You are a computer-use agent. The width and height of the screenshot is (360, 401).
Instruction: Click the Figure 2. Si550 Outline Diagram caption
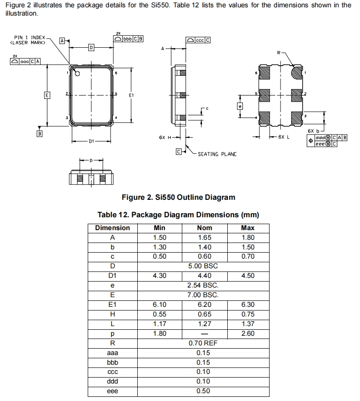pyautogui.click(x=178, y=198)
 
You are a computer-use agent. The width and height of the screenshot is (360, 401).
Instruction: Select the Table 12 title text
pyautogui.click(x=178, y=215)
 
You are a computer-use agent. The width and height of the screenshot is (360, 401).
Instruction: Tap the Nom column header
pyautogui.click(x=204, y=228)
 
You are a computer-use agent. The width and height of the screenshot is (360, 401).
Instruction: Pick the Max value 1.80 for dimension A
pyautogui.click(x=247, y=237)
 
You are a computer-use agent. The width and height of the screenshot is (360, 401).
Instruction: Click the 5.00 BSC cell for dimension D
pyautogui.click(x=203, y=266)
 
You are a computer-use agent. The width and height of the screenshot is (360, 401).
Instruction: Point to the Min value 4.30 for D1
pyautogui.click(x=159, y=276)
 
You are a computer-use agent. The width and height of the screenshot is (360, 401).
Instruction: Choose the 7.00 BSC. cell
pyautogui.click(x=203, y=295)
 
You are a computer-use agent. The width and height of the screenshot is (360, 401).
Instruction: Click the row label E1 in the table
pyautogui.click(x=112, y=305)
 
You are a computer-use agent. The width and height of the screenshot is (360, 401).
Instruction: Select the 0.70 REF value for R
pyautogui.click(x=203, y=343)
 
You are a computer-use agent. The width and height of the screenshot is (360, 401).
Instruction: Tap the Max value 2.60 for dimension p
pyautogui.click(x=247, y=333)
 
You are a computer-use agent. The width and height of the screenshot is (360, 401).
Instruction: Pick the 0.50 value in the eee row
pyautogui.click(x=203, y=391)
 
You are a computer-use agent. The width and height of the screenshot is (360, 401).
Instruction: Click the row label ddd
pyautogui.click(x=112, y=381)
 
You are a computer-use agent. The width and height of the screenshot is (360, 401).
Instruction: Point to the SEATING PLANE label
pyautogui.click(x=217, y=154)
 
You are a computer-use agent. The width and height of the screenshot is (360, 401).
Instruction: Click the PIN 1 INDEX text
pyautogui.click(x=30, y=37)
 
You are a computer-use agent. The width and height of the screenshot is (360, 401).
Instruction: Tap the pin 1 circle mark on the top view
pyautogui.click(x=78, y=73)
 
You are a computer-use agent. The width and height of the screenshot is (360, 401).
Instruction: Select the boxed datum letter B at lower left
pyautogui.click(x=39, y=134)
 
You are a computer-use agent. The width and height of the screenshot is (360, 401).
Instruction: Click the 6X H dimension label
pyautogui.click(x=165, y=137)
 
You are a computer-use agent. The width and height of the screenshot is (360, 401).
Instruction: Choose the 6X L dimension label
pyautogui.click(x=284, y=137)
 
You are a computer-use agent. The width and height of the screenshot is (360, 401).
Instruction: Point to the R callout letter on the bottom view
pyautogui.click(x=278, y=53)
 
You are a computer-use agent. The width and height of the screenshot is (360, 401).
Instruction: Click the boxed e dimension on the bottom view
pyautogui.click(x=239, y=106)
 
